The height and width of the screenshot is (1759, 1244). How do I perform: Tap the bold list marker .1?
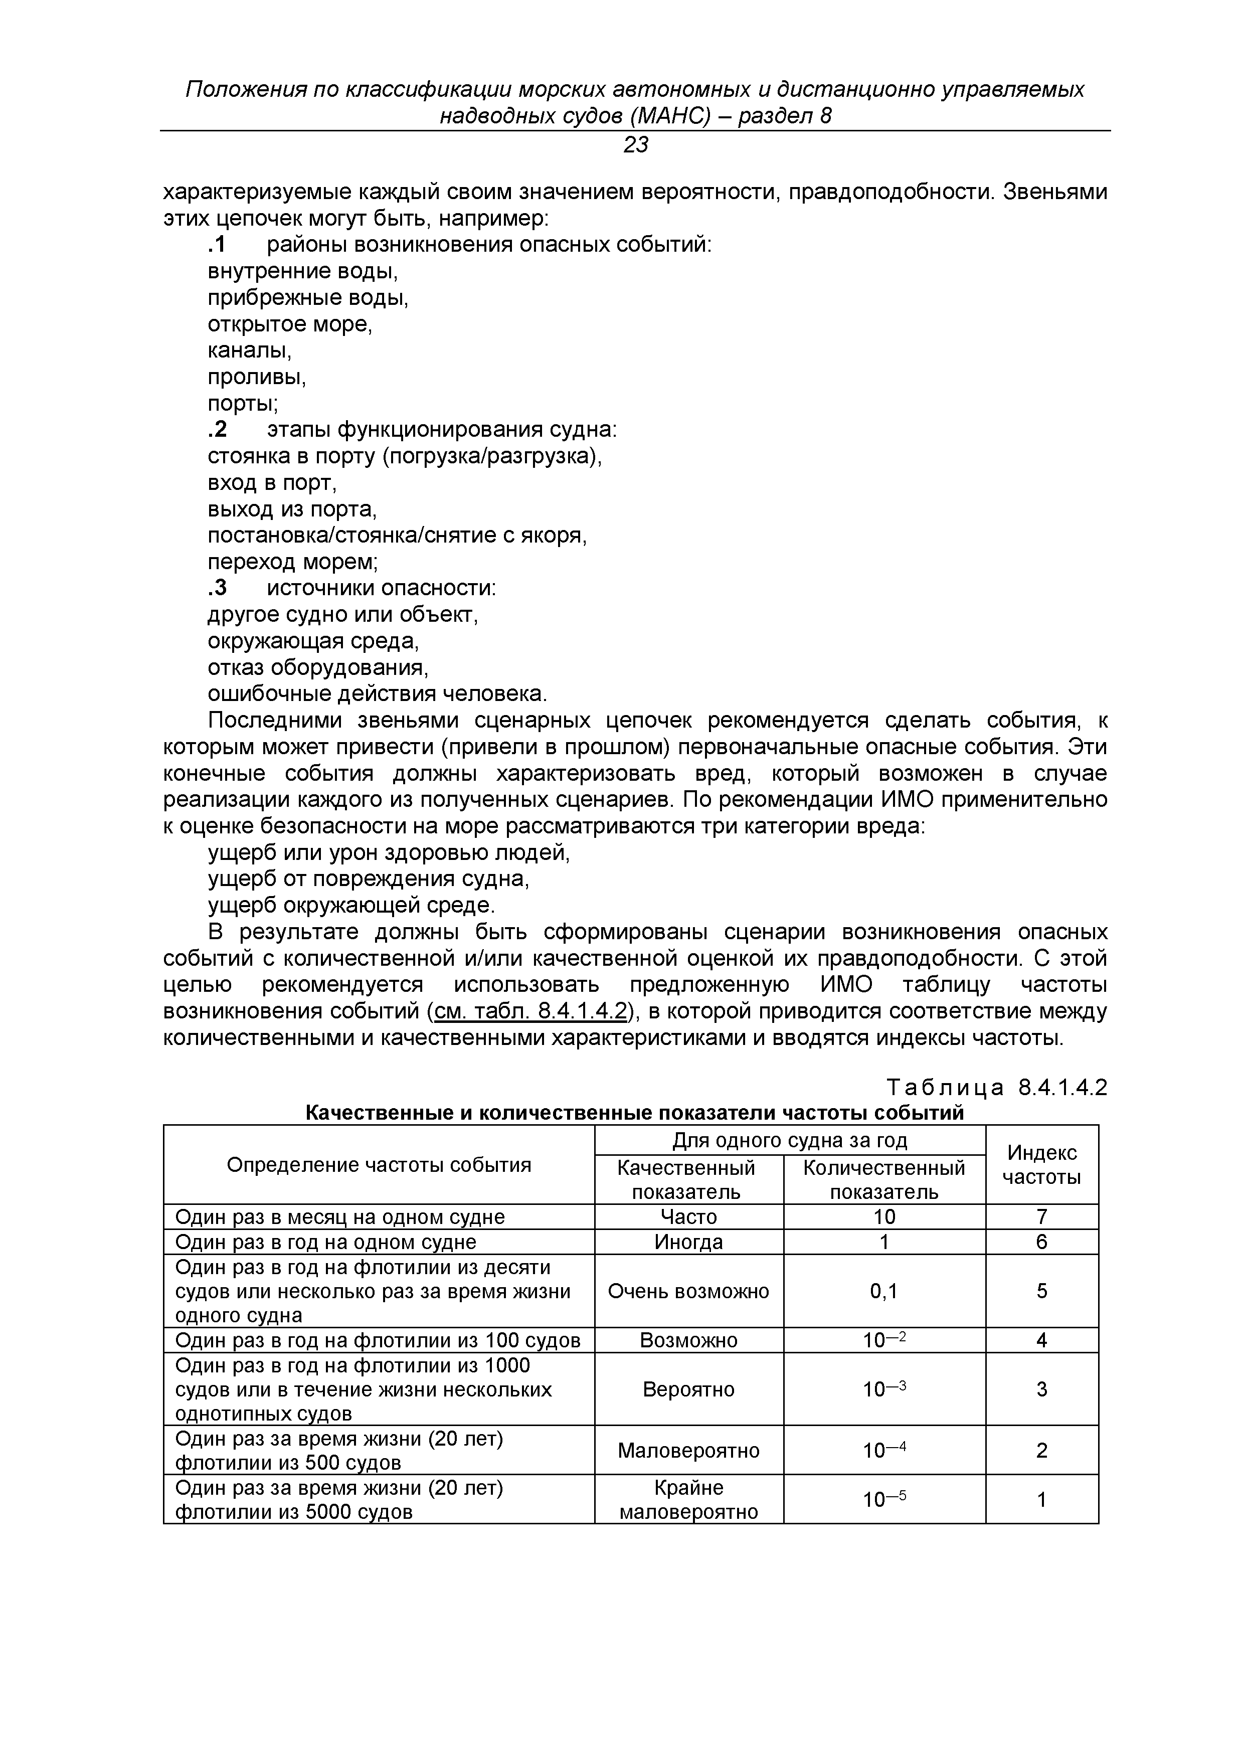coord(218,245)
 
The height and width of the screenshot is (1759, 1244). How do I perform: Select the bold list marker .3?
coord(218,588)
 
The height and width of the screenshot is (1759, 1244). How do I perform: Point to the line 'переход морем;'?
coord(293,562)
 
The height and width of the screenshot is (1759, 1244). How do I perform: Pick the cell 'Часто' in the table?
coord(688,1216)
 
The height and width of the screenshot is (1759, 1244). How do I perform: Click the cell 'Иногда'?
coord(688,1242)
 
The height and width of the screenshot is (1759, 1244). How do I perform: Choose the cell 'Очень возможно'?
coord(688,1292)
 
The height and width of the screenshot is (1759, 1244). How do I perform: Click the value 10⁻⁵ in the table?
coord(884,1499)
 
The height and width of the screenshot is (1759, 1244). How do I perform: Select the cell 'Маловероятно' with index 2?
coord(688,1450)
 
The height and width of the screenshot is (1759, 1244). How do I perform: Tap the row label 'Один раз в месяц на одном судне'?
coord(340,1216)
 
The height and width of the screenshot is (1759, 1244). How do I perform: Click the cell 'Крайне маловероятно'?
coord(688,1499)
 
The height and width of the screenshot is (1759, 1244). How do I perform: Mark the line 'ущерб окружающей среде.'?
coord(351,906)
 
